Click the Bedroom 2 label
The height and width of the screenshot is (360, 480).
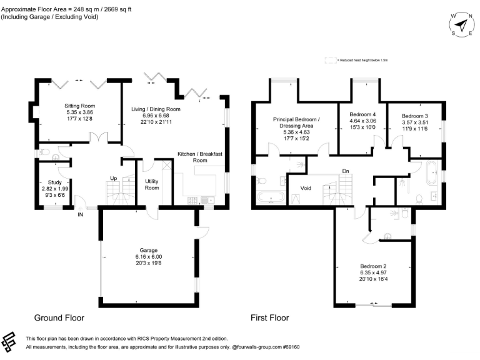pyautogui.click(x=374, y=266)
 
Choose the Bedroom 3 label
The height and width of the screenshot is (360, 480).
pyautogui.click(x=414, y=116)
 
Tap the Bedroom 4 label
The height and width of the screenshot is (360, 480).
pyautogui.click(x=362, y=114)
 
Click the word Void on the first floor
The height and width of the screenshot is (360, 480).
pyautogui.click(x=306, y=188)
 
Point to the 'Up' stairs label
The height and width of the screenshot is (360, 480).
pyautogui.click(x=114, y=177)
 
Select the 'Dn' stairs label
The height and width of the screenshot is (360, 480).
pyautogui.click(x=345, y=171)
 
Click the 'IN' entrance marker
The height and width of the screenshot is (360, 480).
pyautogui.click(x=80, y=215)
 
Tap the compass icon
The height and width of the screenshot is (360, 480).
pyautogui.click(x=461, y=25)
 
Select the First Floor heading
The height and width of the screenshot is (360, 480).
pyautogui.click(x=269, y=317)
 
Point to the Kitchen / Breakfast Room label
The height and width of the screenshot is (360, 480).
pyautogui.click(x=200, y=157)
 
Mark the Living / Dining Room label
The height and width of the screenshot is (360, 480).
pyautogui.click(x=156, y=109)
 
